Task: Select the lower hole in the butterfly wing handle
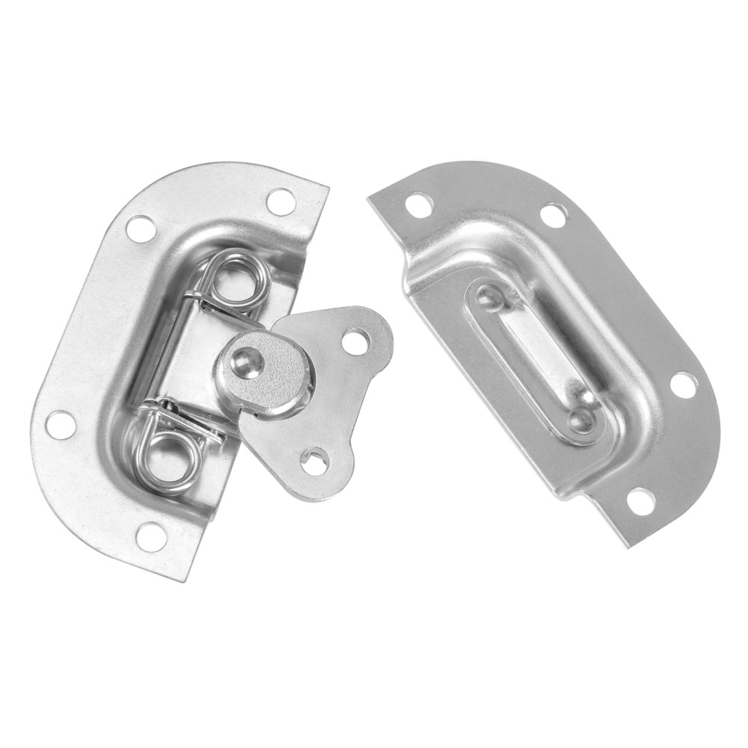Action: (314, 460)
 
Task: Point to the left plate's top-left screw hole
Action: (141, 228)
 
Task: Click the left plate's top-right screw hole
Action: (280, 201)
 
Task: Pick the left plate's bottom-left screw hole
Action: (61, 424)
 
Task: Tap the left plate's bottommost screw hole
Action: (151, 536)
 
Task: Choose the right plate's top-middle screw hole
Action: (553, 215)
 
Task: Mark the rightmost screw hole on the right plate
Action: (683, 384)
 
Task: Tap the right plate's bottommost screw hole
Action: (640, 500)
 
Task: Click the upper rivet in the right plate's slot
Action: (490, 298)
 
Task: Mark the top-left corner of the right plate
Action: (370, 198)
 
